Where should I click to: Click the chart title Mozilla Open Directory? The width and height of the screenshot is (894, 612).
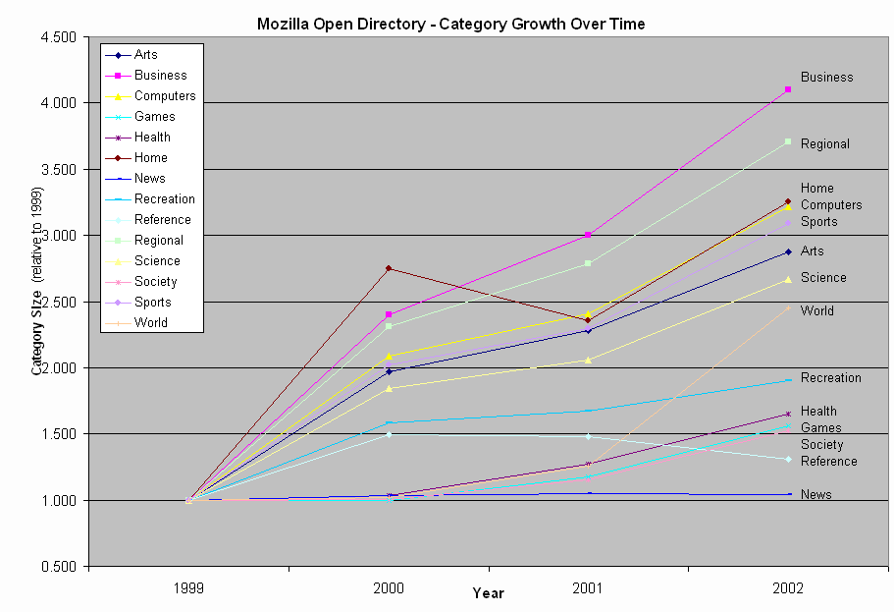point(450,24)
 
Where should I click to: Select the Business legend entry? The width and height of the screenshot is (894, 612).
point(160,76)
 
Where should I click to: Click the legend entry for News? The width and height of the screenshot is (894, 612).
point(149,179)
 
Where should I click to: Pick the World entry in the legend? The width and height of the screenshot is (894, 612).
point(150,323)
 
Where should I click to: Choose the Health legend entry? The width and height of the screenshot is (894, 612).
point(152,138)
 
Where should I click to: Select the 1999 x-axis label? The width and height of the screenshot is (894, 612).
point(188,589)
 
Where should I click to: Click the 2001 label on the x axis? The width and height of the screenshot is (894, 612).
point(588,589)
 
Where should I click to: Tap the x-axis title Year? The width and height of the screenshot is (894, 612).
point(488,593)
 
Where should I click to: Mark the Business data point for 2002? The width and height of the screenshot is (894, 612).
point(788,89)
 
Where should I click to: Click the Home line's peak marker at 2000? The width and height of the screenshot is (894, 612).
point(389,268)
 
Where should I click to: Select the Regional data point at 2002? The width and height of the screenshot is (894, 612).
point(788,141)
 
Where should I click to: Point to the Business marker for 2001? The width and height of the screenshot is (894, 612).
point(588,235)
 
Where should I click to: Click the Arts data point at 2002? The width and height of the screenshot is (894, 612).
point(788,252)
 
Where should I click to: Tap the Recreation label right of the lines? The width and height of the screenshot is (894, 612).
point(830,378)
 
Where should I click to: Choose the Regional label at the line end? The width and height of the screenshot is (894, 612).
point(824,144)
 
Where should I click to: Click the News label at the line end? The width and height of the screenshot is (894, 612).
point(815,495)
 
